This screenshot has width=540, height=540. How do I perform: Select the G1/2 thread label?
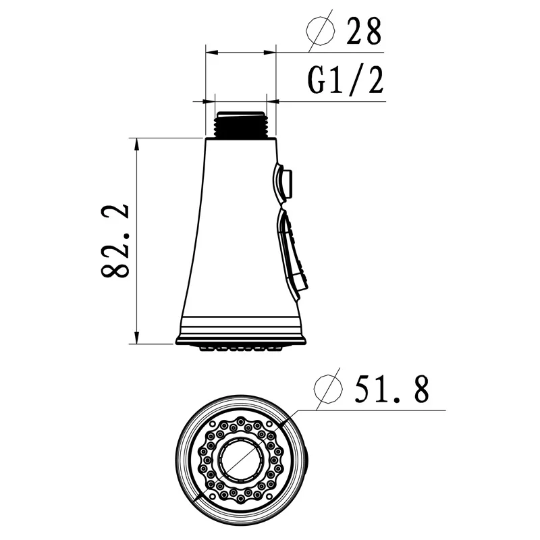346,79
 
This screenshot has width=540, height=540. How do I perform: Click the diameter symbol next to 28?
321,30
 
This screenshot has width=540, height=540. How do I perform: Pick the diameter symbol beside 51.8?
331,389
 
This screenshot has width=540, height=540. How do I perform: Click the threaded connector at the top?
240,124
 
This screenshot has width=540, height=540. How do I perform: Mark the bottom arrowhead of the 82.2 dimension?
137,338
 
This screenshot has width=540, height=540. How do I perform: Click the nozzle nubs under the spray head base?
240,348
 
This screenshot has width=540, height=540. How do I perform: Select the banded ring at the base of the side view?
240,331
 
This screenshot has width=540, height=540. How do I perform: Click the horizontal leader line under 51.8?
378,410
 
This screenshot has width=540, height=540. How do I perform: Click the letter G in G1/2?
318,80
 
